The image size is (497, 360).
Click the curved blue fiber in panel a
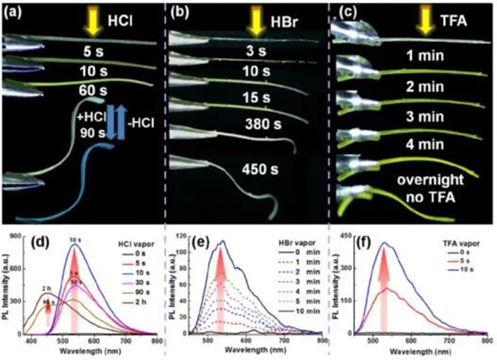pos(78,207)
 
